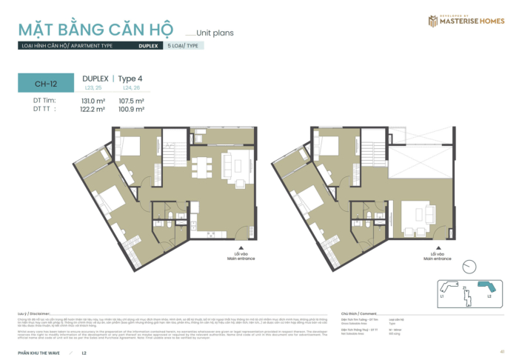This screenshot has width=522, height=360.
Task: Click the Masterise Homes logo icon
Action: [433, 21]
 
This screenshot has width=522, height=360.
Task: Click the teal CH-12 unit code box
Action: [46, 84]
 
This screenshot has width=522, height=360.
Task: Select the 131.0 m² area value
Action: [93, 101]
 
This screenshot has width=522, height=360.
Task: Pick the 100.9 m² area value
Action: [130, 109]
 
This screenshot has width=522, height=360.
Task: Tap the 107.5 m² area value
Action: [130, 101]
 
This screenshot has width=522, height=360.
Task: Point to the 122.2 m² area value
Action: [93, 109]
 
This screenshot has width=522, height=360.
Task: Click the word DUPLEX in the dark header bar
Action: [147, 46]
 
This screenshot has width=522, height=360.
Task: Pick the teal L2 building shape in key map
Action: [486, 287]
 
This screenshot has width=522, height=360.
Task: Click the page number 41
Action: [502, 351]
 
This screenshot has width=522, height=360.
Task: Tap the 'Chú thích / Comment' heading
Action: [360, 313]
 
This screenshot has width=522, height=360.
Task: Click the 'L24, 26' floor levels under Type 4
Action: [131, 88]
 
